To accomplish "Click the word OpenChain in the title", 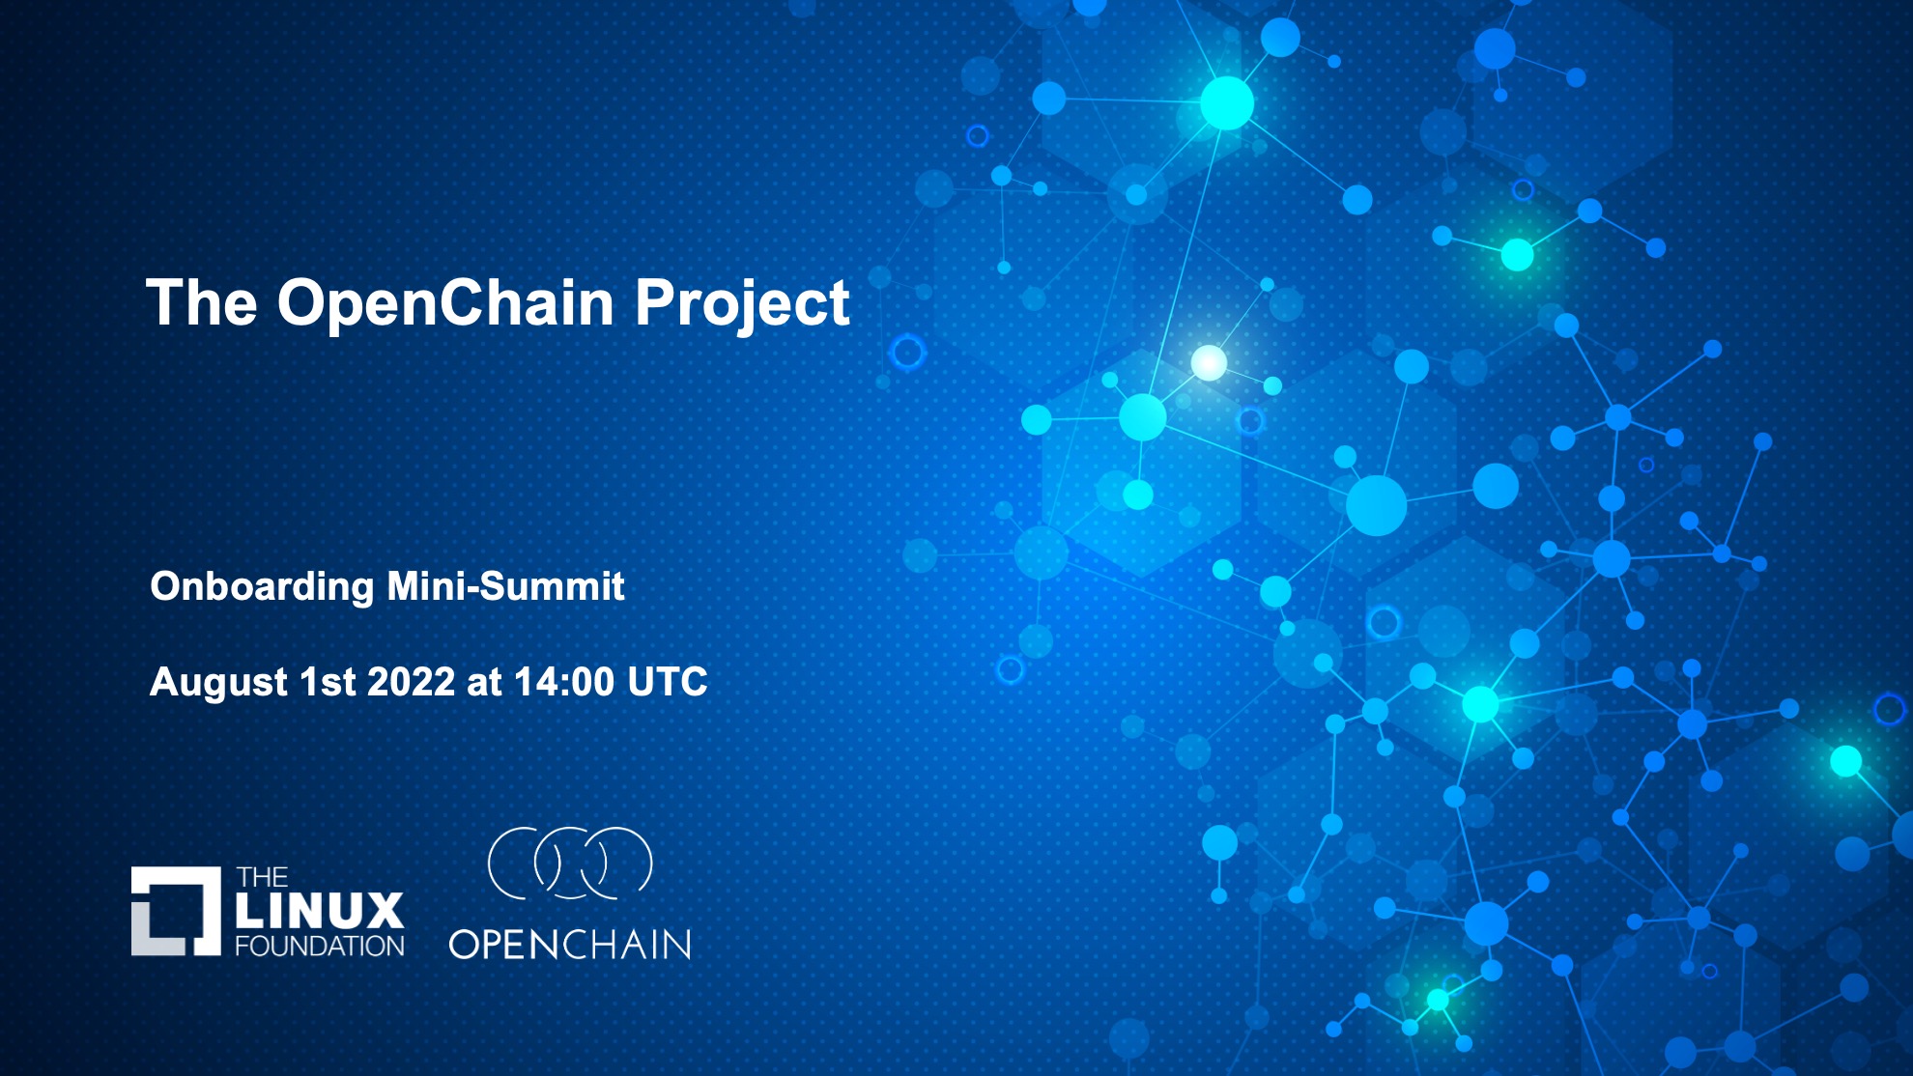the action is click(445, 303).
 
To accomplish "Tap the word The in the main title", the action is click(201, 303).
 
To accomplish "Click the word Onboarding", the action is click(262, 587).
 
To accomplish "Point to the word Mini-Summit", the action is click(505, 586).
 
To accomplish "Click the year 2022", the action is click(411, 682).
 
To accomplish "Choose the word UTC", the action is click(668, 682).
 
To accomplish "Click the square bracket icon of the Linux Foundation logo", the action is click(176, 911).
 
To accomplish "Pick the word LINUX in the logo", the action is click(320, 911).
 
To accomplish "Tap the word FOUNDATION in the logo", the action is click(320, 946).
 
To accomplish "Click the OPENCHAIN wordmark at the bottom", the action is click(570, 945).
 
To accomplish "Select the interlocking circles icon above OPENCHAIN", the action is click(570, 863).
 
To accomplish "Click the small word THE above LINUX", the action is click(262, 878).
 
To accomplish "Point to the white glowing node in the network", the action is click(1209, 363).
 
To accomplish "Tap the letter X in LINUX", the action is click(385, 911).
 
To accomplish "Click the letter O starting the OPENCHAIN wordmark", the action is click(466, 945).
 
